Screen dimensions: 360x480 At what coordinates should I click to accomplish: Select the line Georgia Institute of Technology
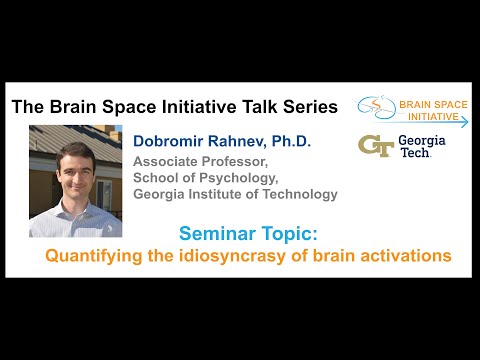click(236, 194)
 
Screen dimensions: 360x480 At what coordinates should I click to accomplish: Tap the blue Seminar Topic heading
click(247, 234)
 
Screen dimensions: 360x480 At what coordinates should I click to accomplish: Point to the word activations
click(407, 256)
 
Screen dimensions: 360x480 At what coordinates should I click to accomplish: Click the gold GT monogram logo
click(375, 145)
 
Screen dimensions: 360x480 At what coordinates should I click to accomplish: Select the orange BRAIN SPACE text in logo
click(433, 103)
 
